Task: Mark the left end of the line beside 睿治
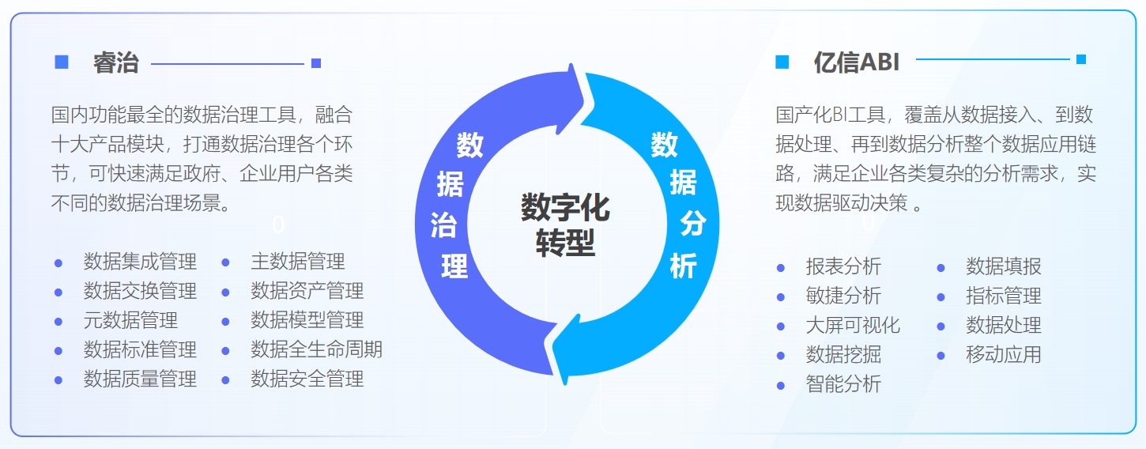pyautogui.click(x=152, y=64)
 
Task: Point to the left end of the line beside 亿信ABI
pyautogui.click(x=916, y=59)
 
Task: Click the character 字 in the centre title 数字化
pyautogui.click(x=565, y=207)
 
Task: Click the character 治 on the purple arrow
pyautogui.click(x=443, y=225)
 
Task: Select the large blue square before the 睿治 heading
pyautogui.click(x=62, y=62)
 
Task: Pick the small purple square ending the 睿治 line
pyautogui.click(x=316, y=63)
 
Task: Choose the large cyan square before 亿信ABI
pyautogui.click(x=782, y=62)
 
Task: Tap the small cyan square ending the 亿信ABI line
pyautogui.click(x=1081, y=59)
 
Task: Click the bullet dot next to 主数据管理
pyautogui.click(x=225, y=263)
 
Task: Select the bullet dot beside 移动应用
pyautogui.click(x=941, y=356)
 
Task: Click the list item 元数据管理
pyautogui.click(x=130, y=320)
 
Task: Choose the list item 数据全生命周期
pyautogui.click(x=316, y=349)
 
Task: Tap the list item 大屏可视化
pyautogui.click(x=853, y=325)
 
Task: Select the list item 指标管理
pyautogui.click(x=1003, y=296)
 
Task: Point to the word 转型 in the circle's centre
pyautogui.click(x=565, y=242)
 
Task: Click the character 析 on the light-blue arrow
pyautogui.click(x=684, y=266)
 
